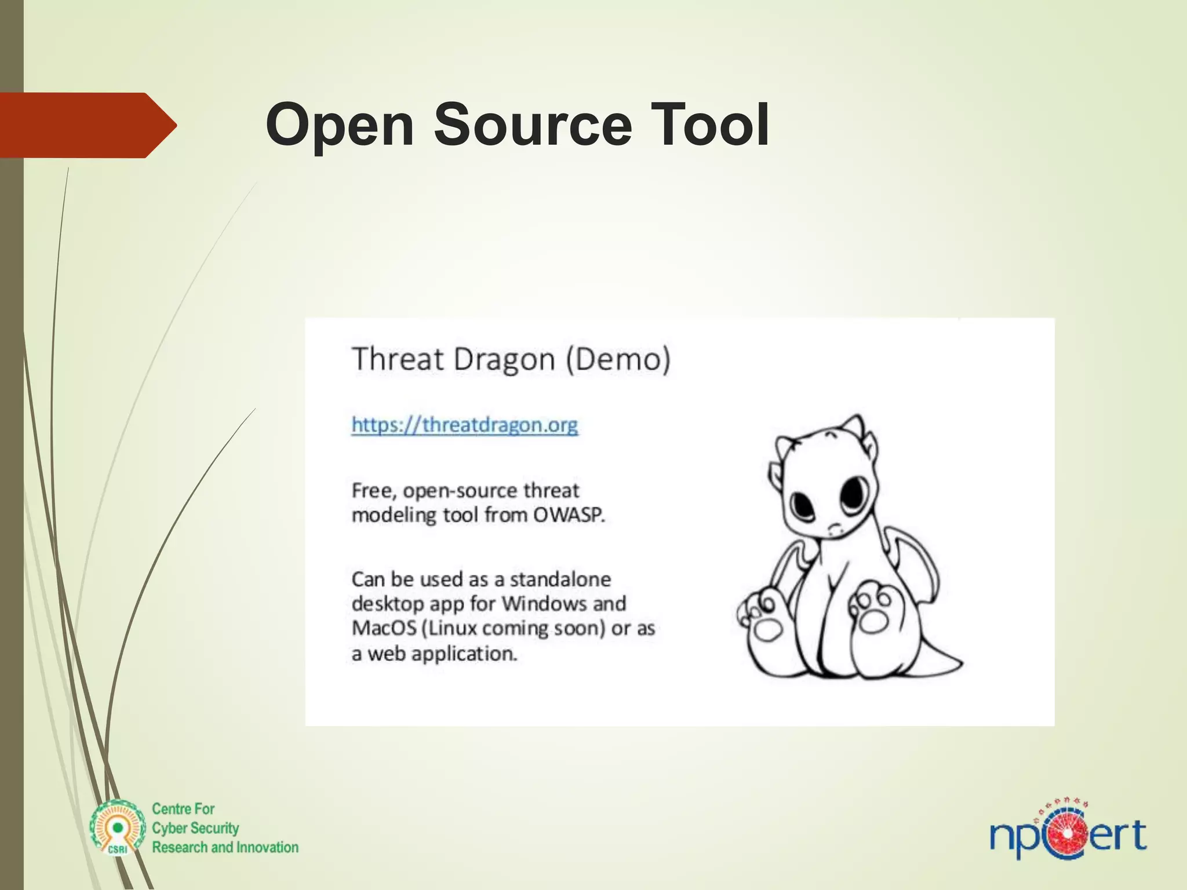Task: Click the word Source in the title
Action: (x=533, y=125)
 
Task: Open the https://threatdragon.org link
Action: (x=464, y=425)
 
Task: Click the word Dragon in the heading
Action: (x=504, y=359)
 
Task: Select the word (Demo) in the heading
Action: (x=618, y=359)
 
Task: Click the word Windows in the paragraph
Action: (x=544, y=604)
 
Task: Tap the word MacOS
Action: (x=384, y=629)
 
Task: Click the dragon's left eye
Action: (x=803, y=505)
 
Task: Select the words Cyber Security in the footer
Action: (x=195, y=828)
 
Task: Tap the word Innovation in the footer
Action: (x=267, y=847)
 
